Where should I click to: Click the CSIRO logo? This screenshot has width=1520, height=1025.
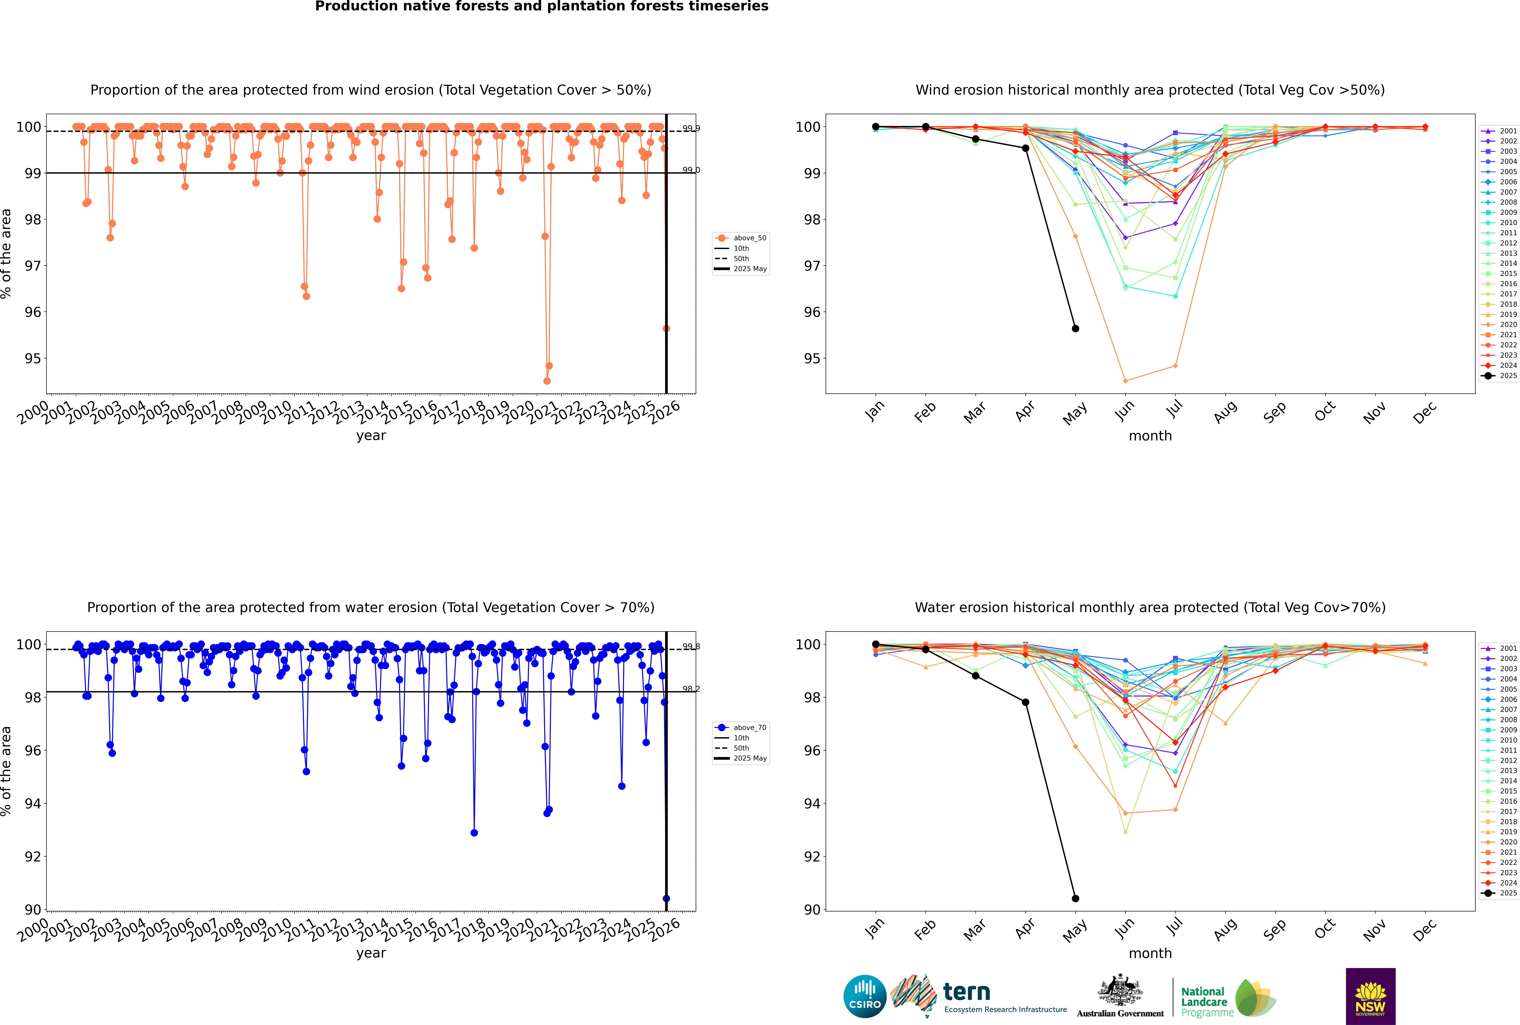(865, 996)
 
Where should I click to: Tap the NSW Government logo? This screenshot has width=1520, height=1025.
(1370, 996)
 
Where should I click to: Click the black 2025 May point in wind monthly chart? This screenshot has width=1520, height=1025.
(1076, 329)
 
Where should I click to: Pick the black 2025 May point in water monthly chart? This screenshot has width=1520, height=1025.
(1076, 898)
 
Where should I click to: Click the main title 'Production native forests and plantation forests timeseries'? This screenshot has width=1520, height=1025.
(542, 6)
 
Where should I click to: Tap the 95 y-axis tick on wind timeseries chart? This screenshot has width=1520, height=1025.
(33, 358)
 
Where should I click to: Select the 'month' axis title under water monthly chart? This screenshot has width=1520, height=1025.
(1150, 953)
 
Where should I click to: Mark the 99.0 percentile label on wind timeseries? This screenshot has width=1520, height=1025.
(691, 170)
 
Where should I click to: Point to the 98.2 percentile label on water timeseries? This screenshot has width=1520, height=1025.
(691, 689)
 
